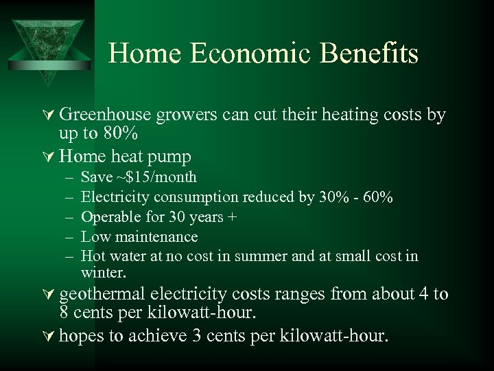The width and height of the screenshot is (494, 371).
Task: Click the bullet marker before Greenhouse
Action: click(50, 115)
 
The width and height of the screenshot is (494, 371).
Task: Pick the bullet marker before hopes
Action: click(50, 337)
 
